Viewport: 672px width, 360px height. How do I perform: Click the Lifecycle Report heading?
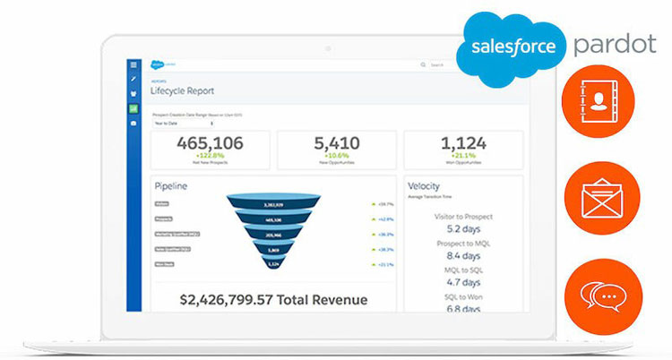[x=182, y=91]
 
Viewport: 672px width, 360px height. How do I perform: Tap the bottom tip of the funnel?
[x=273, y=263]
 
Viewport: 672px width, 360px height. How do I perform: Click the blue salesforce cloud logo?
[x=510, y=45]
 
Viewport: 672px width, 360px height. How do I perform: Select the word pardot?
[x=616, y=44]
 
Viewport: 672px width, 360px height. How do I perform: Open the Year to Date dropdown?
[x=174, y=124]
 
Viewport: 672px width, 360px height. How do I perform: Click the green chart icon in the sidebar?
[x=134, y=108]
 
